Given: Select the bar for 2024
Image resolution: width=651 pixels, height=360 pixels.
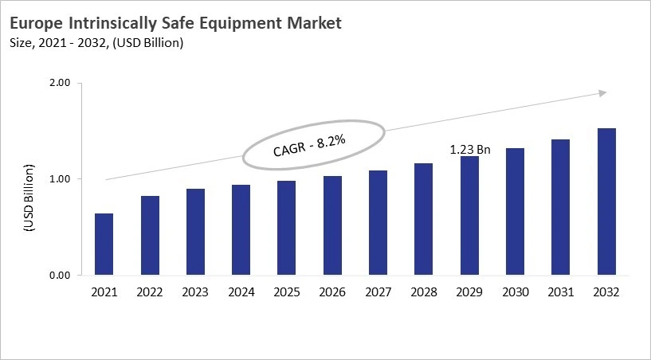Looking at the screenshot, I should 241,230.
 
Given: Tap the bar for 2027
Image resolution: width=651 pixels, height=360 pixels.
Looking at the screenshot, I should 378,223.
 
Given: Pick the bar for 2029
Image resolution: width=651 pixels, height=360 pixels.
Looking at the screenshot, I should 469,216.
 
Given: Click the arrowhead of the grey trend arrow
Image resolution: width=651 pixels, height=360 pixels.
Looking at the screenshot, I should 602,93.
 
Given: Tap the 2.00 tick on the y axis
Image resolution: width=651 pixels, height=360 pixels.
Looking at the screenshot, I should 61,83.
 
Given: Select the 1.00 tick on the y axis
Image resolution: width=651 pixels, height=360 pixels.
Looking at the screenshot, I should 61,179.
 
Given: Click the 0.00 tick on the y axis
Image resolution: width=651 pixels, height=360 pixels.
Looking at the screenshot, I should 61,276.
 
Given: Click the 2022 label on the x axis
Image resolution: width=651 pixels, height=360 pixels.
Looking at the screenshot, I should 149,292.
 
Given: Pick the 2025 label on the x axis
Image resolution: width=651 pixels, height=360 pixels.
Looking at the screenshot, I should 286,292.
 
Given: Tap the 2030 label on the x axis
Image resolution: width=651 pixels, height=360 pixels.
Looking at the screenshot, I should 515,292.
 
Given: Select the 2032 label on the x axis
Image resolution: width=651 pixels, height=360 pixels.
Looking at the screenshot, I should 606,292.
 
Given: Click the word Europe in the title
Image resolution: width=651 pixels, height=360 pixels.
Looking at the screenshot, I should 37,23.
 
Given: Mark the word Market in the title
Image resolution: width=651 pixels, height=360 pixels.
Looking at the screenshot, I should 311,23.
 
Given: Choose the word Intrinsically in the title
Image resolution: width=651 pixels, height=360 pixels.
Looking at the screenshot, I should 112,23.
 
